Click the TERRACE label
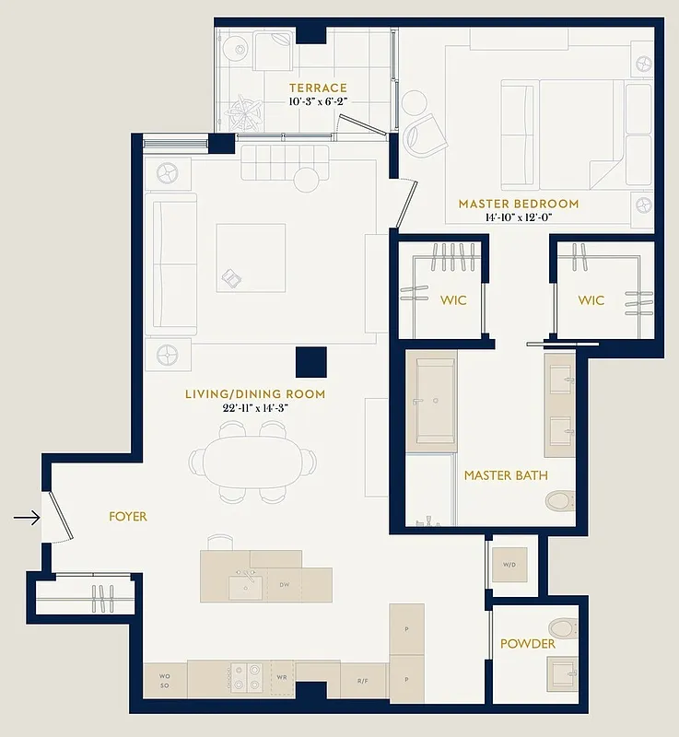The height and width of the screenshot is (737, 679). click(x=318, y=88)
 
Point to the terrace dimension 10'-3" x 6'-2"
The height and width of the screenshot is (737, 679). click(x=318, y=102)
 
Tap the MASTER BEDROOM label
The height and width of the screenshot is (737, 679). click(x=519, y=204)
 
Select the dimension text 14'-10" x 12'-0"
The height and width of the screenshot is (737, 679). click(x=519, y=217)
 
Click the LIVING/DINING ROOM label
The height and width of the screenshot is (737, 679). click(x=255, y=394)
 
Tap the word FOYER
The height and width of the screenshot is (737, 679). click(x=128, y=517)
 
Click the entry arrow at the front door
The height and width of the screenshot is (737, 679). click(x=27, y=518)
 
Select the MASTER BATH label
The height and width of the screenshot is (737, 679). click(x=506, y=475)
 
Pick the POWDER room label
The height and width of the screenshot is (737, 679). click(x=528, y=643)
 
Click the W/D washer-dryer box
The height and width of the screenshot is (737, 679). click(x=509, y=564)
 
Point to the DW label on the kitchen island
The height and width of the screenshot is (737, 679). click(x=285, y=584)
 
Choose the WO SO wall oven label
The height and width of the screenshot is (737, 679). click(x=165, y=680)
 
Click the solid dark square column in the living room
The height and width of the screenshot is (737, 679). click(x=311, y=362)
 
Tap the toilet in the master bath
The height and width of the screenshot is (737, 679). click(x=558, y=501)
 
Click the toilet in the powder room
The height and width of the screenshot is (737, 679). click(x=561, y=628)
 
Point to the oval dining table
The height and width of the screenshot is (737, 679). click(x=252, y=461)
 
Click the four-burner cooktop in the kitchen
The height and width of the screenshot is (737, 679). click(x=246, y=677)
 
